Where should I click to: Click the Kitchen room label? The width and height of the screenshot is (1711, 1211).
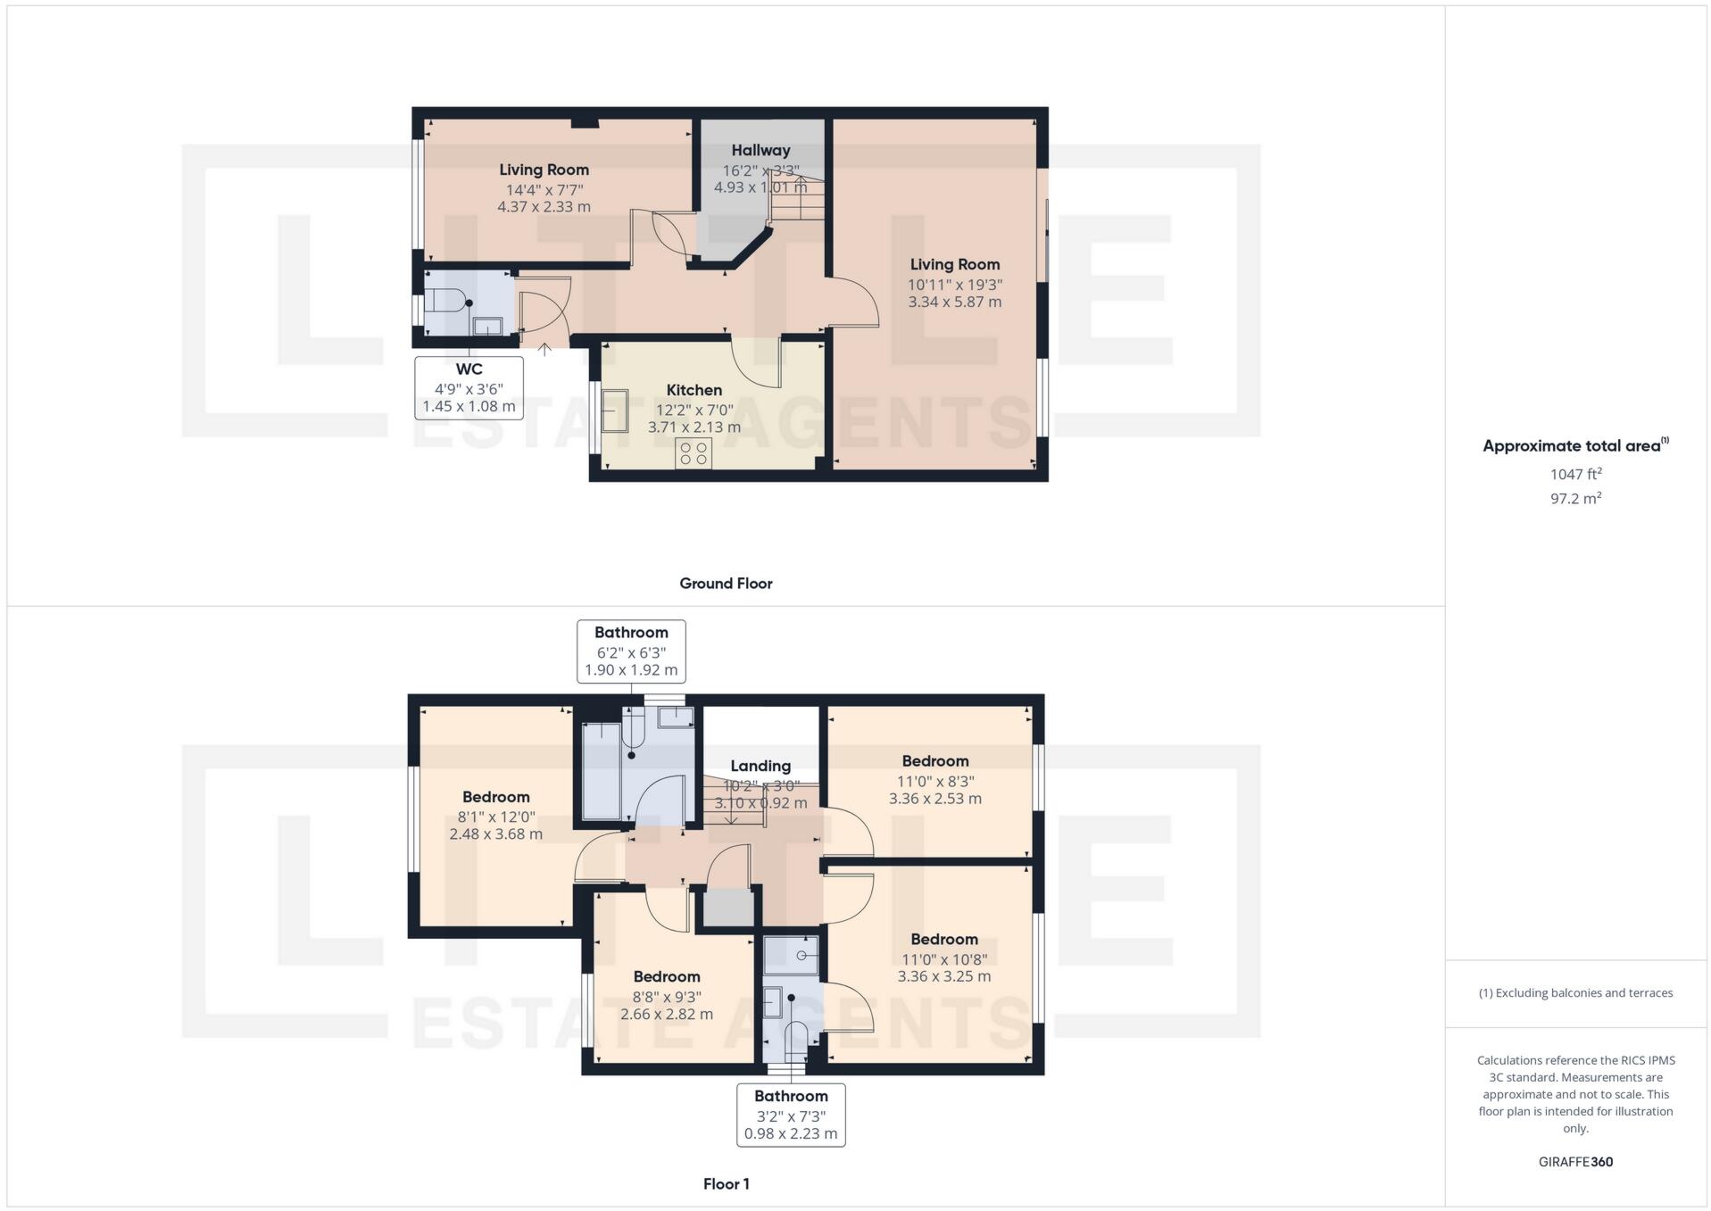[694, 390]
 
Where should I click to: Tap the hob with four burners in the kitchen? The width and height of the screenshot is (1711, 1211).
[694, 453]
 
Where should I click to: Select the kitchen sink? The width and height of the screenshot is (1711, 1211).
[614, 411]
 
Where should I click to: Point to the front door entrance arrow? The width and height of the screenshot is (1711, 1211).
[544, 350]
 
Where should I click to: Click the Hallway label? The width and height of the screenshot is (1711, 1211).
[760, 151]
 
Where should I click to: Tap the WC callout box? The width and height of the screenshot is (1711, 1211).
[469, 387]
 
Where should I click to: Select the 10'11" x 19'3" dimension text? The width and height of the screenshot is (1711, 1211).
[954, 285]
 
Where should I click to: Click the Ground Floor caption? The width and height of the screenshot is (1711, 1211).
[726, 584]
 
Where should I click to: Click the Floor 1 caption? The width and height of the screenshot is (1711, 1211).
[726, 1184]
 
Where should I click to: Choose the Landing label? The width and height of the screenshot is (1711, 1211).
[760, 766]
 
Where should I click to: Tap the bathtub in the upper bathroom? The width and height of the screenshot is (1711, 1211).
[601, 771]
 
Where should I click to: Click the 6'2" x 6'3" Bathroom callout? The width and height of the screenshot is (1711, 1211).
[631, 651]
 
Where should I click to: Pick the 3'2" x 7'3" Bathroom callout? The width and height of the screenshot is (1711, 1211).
[791, 1115]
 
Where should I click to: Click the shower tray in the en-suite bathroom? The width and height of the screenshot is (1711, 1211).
[792, 954]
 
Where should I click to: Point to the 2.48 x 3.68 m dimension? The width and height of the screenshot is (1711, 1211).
[495, 834]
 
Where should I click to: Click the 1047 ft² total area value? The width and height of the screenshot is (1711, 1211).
[1575, 474]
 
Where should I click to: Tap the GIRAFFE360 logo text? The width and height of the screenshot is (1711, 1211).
[1575, 1162]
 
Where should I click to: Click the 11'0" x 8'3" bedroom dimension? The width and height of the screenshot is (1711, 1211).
[934, 781]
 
